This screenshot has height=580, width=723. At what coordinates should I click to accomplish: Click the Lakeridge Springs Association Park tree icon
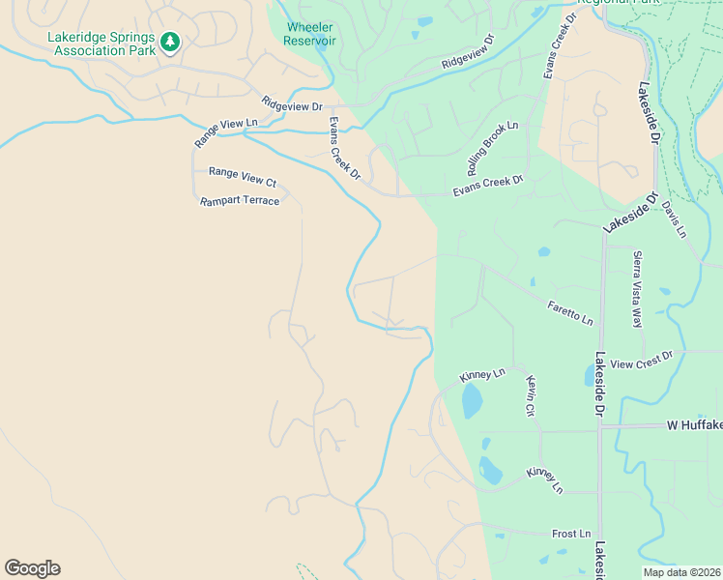[171, 41]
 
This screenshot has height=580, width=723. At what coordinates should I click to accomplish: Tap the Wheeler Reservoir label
[309, 34]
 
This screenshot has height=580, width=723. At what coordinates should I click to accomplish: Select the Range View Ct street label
[243, 177]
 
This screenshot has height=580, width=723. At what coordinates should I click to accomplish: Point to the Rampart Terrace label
[240, 201]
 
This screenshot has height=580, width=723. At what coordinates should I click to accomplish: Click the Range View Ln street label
[227, 132]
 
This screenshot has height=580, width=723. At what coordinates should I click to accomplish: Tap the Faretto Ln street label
[570, 312]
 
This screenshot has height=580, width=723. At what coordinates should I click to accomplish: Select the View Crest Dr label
[642, 361]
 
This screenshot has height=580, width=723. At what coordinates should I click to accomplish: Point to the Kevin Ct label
[531, 396]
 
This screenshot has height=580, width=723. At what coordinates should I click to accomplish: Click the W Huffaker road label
[694, 425]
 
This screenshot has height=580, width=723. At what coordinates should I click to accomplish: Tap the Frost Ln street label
[570, 534]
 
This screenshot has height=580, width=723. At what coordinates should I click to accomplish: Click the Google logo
[32, 568]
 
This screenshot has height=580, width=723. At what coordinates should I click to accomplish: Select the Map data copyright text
[680, 572]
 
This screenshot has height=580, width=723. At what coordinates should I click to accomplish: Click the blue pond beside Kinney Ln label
[472, 400]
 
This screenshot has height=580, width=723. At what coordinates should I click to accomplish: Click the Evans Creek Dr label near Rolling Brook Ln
[488, 186]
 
